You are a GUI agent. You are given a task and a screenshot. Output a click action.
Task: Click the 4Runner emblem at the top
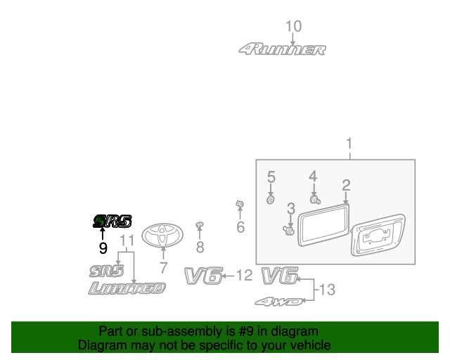point(283,49)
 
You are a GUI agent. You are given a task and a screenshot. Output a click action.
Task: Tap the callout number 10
point(294,26)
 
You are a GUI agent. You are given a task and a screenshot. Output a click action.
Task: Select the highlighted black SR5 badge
point(112,221)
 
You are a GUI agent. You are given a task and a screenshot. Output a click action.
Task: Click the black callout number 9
point(103,247)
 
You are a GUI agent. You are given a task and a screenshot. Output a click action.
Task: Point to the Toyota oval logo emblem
point(162,236)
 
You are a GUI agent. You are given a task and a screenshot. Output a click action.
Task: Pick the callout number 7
point(163,268)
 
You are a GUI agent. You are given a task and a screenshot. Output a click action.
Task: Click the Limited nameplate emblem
point(127,288)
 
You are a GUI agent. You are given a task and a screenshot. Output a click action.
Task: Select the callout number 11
point(127,240)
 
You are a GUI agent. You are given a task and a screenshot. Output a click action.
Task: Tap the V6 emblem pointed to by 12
point(203,276)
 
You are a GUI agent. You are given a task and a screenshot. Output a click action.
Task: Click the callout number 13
point(327,290)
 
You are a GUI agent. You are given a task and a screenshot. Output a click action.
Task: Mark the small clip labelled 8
point(200,225)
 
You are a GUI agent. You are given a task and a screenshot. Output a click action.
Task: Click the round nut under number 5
point(270,200)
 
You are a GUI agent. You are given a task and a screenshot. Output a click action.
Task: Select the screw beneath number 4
point(315,200)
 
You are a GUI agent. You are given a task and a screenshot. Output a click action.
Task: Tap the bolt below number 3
point(289,230)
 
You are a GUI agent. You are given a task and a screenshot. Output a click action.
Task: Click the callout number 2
point(346,185)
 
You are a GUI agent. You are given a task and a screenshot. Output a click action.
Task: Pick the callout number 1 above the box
point(349,143)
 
